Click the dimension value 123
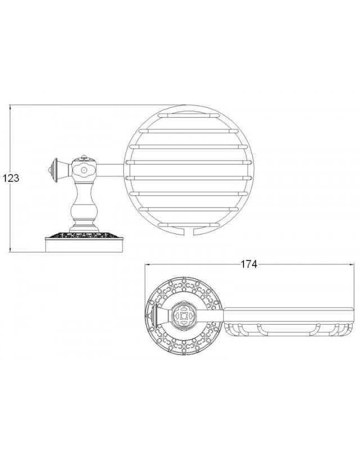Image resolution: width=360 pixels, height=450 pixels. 11,178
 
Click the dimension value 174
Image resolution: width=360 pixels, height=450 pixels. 249,264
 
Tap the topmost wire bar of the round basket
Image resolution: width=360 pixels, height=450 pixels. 188,115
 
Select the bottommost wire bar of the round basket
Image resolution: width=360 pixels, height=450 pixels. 188,224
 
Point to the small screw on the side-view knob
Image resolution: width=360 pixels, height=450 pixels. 84,170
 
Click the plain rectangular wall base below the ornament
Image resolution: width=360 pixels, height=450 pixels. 84,245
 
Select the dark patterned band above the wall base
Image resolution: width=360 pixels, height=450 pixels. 84,235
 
